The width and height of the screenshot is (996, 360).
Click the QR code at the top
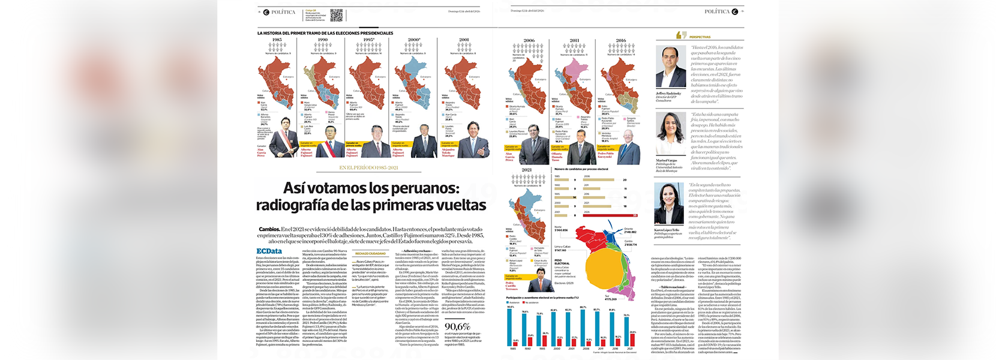coord(337,15)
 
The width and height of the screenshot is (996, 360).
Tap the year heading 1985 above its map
coord(277,40)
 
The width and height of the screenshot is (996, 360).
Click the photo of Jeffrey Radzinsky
coord(671,67)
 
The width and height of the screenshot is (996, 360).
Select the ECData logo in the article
coord(269,251)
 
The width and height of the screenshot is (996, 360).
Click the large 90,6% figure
coord(457,327)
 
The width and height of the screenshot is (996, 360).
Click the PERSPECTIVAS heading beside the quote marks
coord(700,37)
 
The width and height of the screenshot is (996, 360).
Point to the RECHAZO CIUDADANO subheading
coord(370,254)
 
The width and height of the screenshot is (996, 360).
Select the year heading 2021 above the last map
coord(526,170)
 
